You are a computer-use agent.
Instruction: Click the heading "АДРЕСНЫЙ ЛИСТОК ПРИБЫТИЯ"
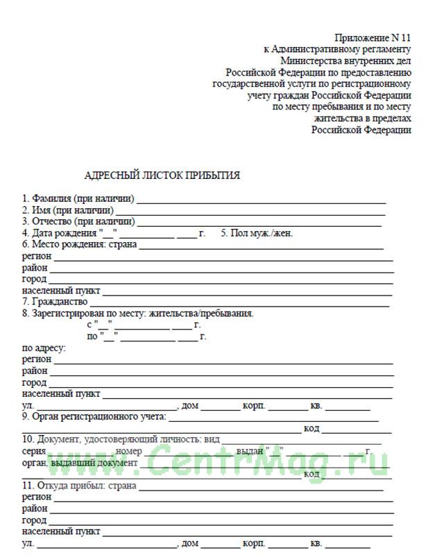162,176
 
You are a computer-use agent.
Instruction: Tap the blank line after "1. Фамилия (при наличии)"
260,199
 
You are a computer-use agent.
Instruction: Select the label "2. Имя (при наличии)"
67,210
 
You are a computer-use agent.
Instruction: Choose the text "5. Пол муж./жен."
257,233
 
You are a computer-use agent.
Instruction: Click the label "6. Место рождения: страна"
79,244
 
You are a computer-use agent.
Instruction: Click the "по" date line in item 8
146,336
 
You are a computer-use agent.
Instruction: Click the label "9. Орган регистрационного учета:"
94,416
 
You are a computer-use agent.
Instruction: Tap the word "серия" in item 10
34,451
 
